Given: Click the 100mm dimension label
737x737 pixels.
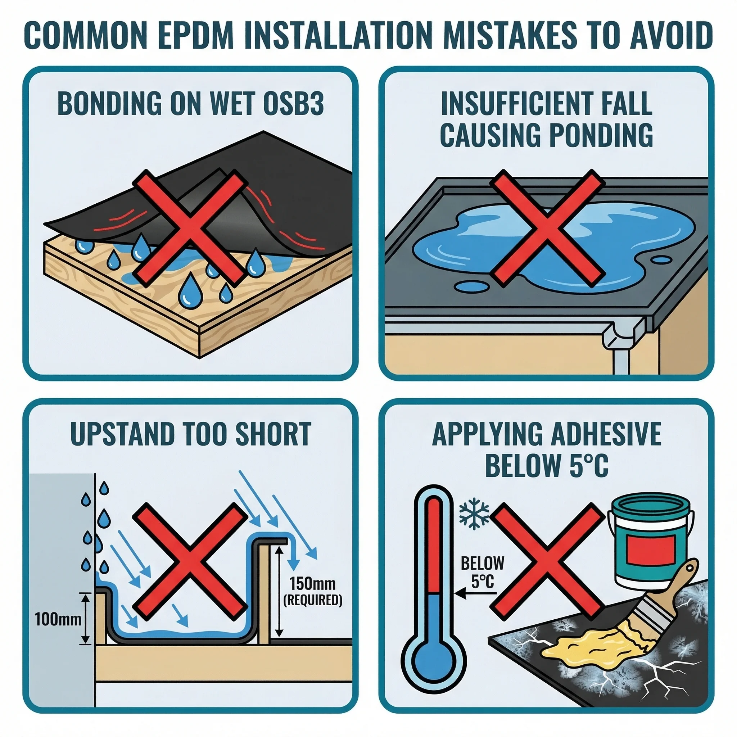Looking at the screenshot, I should (58, 619).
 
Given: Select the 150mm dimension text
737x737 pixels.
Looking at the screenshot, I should (312, 584).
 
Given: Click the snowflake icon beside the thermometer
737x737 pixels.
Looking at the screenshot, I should (474, 514).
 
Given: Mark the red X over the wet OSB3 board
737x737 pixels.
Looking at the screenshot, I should (190, 228).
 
